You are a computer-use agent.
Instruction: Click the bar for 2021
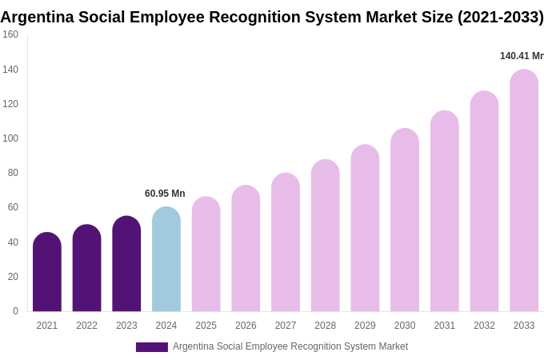coord(47,272)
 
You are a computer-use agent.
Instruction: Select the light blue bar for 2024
coord(166,259)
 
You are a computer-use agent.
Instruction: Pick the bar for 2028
coord(325,235)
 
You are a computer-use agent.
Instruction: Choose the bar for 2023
coord(126,264)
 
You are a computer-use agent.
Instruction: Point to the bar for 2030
coord(405,220)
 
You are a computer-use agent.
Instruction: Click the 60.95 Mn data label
coord(165,194)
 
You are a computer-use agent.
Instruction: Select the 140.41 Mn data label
coord(522,56)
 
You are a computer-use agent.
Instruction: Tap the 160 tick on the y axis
coord(10,34)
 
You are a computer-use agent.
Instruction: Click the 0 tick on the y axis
coord(15,311)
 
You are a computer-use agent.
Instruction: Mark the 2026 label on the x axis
coord(246,326)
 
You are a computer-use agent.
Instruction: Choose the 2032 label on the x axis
coord(484,326)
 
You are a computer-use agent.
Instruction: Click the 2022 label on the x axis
coord(86,326)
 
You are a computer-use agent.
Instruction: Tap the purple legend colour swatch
coord(152,347)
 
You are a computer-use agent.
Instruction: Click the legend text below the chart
coord(290,346)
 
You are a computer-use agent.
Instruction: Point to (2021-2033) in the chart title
coord(500,17)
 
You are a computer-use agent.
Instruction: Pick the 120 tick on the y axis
coord(10,104)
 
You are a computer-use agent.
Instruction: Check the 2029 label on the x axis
coord(365,326)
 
